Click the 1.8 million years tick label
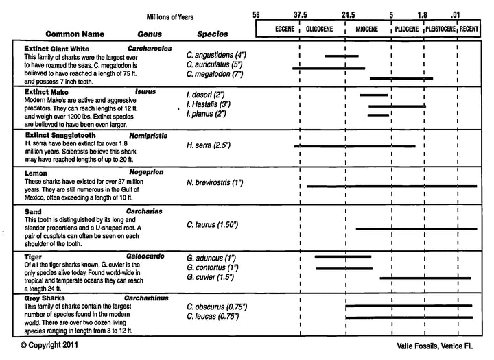(x=422, y=14)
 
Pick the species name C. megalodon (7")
(x=215, y=74)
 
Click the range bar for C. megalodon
(x=401, y=78)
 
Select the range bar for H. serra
(x=355, y=146)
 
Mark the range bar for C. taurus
(x=416, y=228)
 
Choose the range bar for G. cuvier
(x=425, y=278)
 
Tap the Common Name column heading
(x=75, y=33)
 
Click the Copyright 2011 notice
(x=49, y=347)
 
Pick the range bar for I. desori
(x=374, y=95)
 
